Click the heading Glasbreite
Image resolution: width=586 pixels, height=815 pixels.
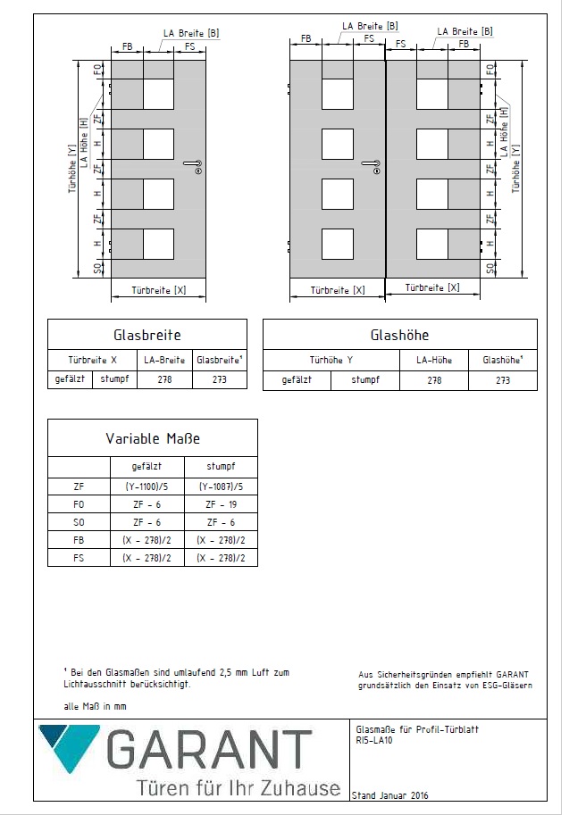click(x=147, y=336)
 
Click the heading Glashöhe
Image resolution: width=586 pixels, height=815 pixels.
click(x=399, y=336)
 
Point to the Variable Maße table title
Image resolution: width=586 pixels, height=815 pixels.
click(x=152, y=438)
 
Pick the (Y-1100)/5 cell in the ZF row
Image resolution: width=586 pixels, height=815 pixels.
click(x=146, y=487)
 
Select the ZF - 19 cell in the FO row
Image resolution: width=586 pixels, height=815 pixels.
click(x=220, y=504)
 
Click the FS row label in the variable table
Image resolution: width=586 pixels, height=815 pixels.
click(x=79, y=557)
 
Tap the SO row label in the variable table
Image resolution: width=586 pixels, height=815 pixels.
click(x=79, y=522)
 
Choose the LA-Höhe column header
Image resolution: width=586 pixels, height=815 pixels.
click(x=433, y=361)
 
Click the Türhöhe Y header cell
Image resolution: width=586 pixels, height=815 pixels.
click(x=331, y=361)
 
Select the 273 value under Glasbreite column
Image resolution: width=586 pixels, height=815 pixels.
click(x=220, y=379)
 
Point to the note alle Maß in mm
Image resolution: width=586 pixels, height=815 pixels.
click(x=96, y=706)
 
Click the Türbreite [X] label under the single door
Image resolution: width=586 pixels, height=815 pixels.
click(x=158, y=290)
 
